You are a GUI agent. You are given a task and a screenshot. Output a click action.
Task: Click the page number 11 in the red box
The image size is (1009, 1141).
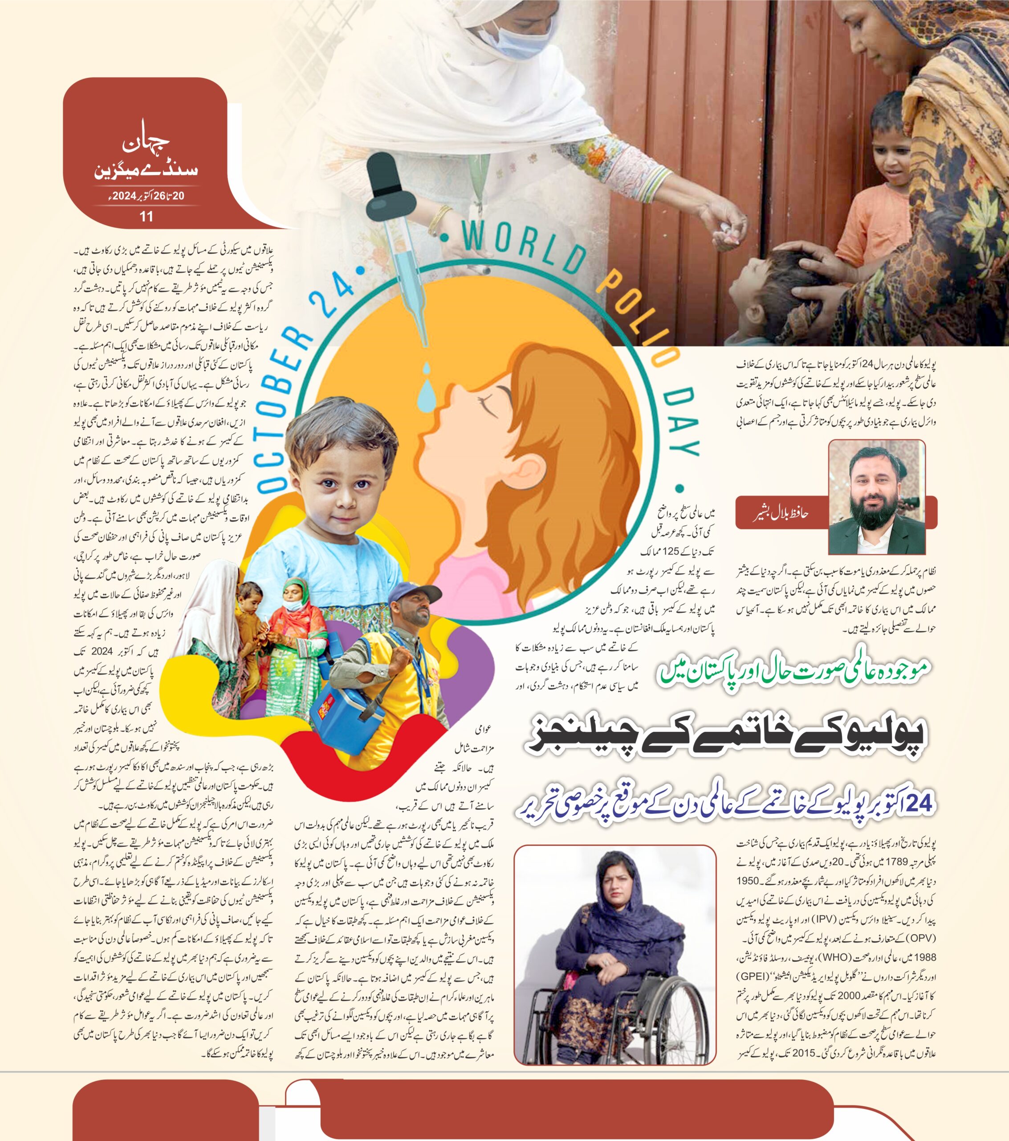pos(146,217)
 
